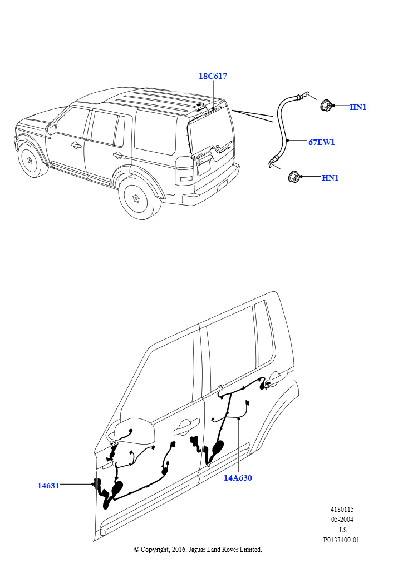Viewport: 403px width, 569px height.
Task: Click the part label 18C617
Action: [213, 76]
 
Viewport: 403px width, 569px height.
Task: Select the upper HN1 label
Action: [358, 107]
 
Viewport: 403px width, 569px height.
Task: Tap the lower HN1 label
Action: [330, 178]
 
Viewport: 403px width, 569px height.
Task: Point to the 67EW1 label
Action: [322, 142]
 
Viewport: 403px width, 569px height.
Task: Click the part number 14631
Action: [48, 486]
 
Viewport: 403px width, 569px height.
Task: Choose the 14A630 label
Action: [238, 478]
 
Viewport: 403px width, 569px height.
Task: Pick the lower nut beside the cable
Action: [293, 177]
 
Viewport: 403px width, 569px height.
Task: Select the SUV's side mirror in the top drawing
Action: [52, 129]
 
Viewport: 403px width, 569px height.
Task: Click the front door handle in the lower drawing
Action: [186, 428]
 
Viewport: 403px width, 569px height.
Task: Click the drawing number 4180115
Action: [342, 510]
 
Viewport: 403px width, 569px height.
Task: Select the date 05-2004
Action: [342, 520]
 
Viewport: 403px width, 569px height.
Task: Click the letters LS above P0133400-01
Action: [342, 530]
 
